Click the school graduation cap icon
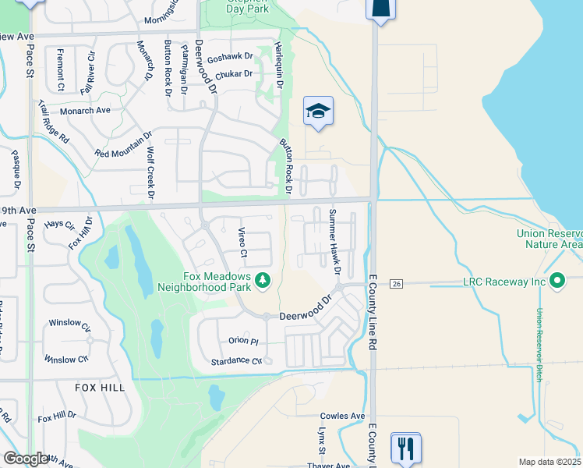pos(318,112)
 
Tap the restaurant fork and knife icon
pos(405,448)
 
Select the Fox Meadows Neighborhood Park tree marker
pos(263,278)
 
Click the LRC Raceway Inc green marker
pos(557,280)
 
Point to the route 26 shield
pos(396,282)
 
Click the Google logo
pos(26,459)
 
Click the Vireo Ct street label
pos(242,243)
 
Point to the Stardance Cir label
pos(236,361)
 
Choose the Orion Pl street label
pos(243,341)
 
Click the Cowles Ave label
pos(342,417)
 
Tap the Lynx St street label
pos(320,440)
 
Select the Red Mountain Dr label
pos(123,144)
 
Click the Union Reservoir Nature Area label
pos(549,239)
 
